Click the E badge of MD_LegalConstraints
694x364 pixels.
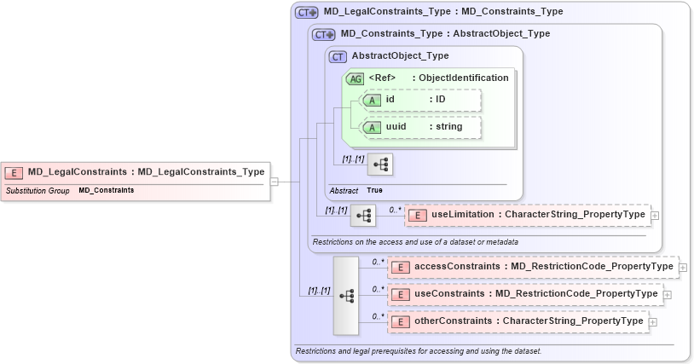click(x=14, y=172)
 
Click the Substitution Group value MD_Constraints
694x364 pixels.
click(x=106, y=190)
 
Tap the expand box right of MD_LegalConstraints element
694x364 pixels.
click(x=275, y=181)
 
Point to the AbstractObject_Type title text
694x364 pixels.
click(x=400, y=56)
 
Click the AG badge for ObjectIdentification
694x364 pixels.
click(x=354, y=78)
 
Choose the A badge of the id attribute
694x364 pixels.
click(x=371, y=101)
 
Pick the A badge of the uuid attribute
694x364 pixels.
click(x=371, y=127)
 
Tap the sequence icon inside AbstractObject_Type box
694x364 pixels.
click(x=379, y=162)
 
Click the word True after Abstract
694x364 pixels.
click(x=374, y=190)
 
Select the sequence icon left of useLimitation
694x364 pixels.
click(x=364, y=216)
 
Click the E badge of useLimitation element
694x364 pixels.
click(x=417, y=216)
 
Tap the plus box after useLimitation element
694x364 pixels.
click(x=655, y=216)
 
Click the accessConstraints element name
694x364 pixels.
click(x=457, y=267)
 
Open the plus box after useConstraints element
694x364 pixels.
click(x=668, y=294)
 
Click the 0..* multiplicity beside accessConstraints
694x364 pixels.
click(x=376, y=262)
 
